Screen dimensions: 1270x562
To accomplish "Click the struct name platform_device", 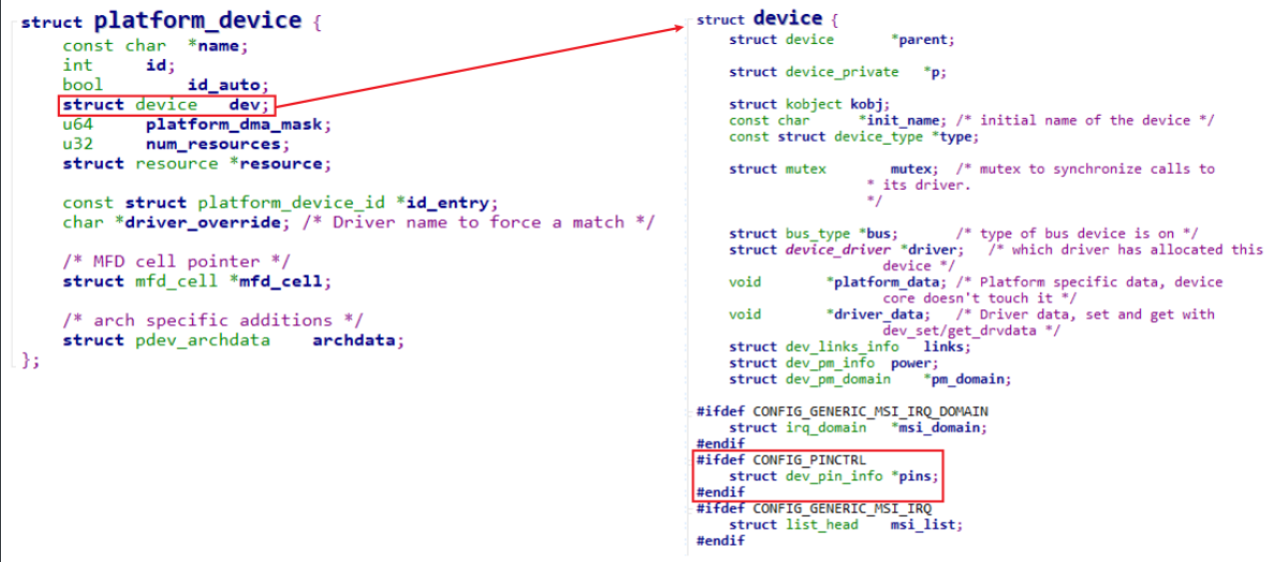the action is coord(197,20).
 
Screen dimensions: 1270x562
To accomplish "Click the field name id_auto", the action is coord(229,85).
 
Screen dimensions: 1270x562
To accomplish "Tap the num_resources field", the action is coord(208,144).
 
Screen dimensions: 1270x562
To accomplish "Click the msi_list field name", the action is coord(926,524).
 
